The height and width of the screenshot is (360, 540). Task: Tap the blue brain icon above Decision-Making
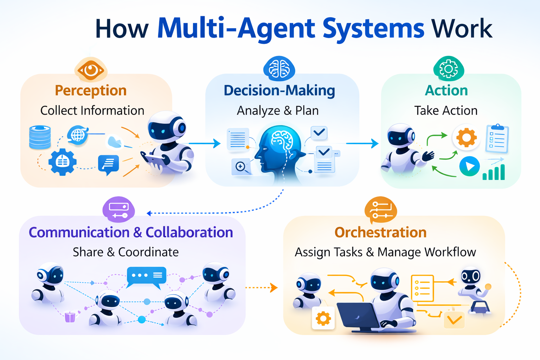(x=279, y=69)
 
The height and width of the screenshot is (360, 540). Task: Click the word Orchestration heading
(x=380, y=232)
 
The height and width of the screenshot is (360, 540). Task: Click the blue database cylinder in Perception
(x=40, y=137)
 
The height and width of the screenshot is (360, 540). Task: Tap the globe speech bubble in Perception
(x=78, y=135)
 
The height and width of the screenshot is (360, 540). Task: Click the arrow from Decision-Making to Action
(x=362, y=143)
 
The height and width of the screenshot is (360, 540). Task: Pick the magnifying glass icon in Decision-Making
(x=241, y=167)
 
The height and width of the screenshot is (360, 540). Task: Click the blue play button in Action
(x=469, y=166)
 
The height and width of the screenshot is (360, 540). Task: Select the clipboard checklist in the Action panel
(x=497, y=139)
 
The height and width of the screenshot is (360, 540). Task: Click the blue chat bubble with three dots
(x=146, y=276)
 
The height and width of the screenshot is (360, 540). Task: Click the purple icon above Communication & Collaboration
(x=118, y=210)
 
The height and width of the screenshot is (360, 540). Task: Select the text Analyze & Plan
(x=278, y=110)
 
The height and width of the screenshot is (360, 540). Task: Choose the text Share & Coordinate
(x=126, y=252)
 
